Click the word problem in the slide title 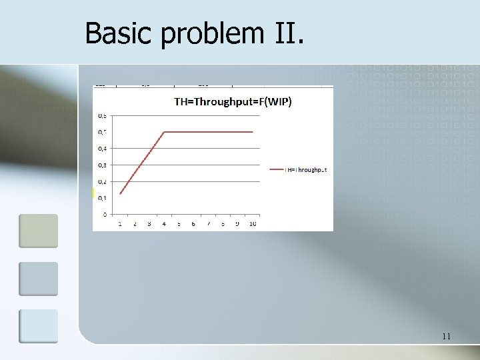[x=204, y=34]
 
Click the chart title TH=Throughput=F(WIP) [x=233, y=102]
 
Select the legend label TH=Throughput [x=307, y=170]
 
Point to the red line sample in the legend [x=276, y=170]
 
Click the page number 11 [x=446, y=337]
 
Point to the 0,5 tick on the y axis [x=102, y=132]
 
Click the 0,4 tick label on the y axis [x=102, y=149]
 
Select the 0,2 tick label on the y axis [x=102, y=181]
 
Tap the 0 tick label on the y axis [x=104, y=214]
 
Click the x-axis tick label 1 [x=120, y=223]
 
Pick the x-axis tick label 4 [x=164, y=223]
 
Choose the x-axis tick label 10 [x=253, y=223]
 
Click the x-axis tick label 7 [x=208, y=223]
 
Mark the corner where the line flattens [x=164, y=132]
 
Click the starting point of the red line [x=120, y=193]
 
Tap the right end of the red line [x=253, y=132]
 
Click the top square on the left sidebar [x=38, y=231]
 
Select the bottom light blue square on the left [x=38, y=326]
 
